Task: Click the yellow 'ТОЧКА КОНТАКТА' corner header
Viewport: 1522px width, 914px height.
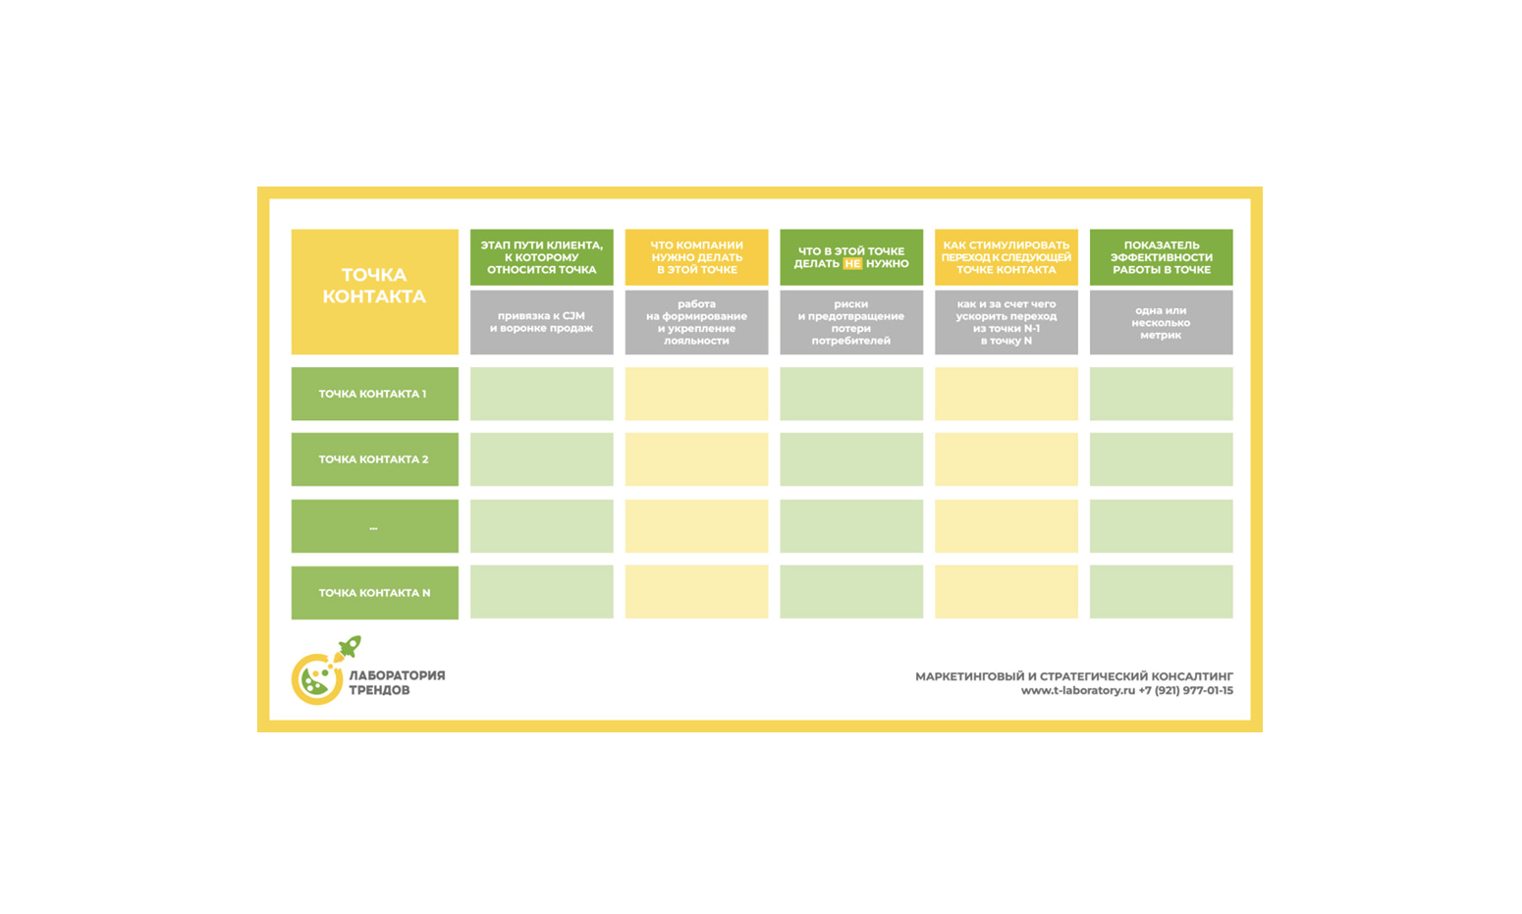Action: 374,291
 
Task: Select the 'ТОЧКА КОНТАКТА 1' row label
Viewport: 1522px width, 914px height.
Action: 374,394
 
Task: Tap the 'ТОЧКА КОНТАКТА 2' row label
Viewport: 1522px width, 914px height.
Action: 374,459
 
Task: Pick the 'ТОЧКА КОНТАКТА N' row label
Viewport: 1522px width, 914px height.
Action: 374,593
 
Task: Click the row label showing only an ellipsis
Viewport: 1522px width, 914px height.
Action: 374,526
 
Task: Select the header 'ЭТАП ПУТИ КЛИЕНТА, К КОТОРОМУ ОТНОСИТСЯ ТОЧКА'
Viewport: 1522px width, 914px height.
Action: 541,257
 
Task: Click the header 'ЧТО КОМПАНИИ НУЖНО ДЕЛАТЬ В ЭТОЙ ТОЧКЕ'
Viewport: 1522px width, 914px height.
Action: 696,257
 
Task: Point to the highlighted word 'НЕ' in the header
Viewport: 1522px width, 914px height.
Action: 852,264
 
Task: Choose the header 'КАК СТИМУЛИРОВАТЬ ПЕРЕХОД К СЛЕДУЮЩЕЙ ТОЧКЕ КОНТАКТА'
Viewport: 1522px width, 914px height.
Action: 1006,257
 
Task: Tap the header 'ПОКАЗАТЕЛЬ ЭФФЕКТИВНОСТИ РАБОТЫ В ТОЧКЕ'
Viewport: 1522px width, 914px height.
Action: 1161,257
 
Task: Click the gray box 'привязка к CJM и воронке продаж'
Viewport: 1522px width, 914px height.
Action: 541,322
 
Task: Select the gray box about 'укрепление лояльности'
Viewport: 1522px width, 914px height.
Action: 696,322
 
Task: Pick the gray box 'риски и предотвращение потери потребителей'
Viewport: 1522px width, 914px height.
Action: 851,322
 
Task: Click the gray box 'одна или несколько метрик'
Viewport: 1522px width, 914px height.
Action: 1161,322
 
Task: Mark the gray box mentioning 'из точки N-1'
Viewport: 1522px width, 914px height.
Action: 1006,322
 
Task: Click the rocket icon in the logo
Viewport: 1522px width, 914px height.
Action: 349,647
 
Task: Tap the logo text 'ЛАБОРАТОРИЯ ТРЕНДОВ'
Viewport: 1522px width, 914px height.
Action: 397,682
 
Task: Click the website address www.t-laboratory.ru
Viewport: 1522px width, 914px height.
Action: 1077,691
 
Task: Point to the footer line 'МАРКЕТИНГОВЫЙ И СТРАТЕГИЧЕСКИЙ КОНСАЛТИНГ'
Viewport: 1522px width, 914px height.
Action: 1074,676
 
